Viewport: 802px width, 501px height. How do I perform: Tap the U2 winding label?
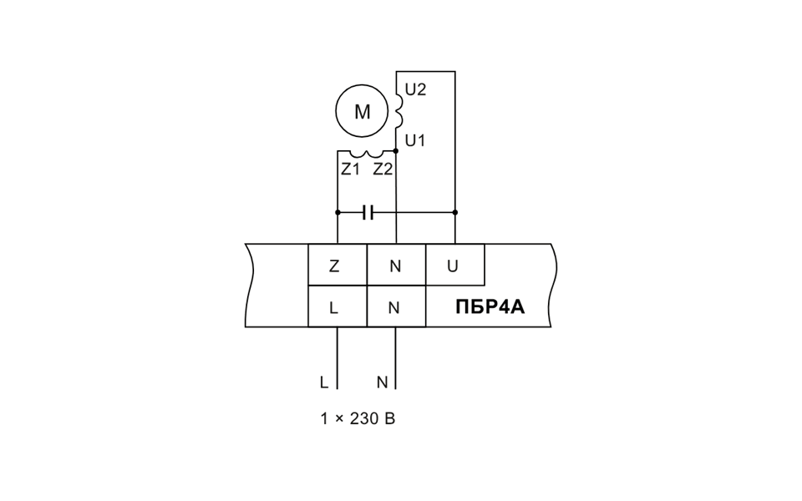(415, 89)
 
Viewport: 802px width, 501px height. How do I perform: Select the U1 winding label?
(415, 140)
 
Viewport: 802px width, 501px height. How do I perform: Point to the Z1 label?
(350, 169)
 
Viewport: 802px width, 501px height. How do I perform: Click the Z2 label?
(383, 169)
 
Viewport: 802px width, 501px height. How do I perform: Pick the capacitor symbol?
(368, 212)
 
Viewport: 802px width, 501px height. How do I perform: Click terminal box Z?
(338, 265)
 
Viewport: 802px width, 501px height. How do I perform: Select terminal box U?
(455, 265)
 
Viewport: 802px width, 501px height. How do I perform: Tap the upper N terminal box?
(396, 265)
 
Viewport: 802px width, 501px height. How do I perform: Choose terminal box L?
(338, 306)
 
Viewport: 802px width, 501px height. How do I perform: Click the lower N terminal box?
(396, 306)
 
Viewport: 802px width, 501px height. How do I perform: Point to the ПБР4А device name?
(490, 307)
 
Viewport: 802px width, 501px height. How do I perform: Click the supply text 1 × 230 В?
(358, 418)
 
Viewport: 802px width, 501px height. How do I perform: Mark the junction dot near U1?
(396, 151)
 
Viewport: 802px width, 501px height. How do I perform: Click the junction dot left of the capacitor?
(338, 212)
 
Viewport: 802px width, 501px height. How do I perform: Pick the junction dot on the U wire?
(455, 212)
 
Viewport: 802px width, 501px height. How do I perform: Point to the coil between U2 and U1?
(399, 109)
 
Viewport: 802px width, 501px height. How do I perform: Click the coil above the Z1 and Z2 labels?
(366, 154)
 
